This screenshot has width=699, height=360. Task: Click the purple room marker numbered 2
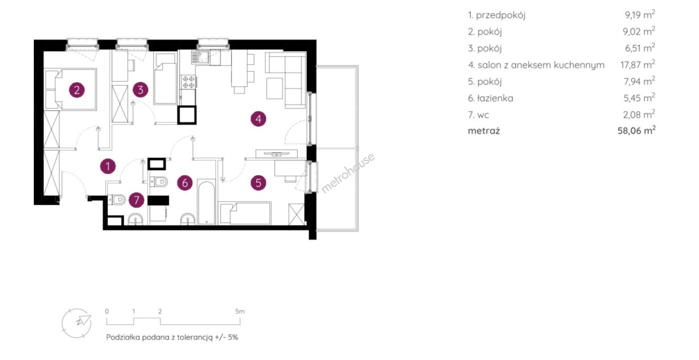[77, 90]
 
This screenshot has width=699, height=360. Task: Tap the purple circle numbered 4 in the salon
[258, 118]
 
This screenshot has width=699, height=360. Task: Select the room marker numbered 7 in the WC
[137, 199]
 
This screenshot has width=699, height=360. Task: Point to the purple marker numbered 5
[258, 182]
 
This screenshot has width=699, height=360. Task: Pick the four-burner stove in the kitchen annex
[188, 82]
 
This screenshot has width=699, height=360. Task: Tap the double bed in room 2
[71, 89]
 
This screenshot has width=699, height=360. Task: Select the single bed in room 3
[166, 79]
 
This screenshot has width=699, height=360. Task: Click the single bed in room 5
[245, 213]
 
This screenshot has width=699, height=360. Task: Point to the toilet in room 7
[117, 200]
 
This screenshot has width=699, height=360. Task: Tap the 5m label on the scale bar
[240, 312]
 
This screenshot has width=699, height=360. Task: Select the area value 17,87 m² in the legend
[637, 64]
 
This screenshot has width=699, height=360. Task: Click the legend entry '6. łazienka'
[490, 98]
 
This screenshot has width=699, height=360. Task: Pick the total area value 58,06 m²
[636, 130]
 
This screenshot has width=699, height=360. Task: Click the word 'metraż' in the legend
[484, 131]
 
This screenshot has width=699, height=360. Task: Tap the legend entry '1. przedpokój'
[497, 15]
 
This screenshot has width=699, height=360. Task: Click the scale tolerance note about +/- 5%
[172, 337]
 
